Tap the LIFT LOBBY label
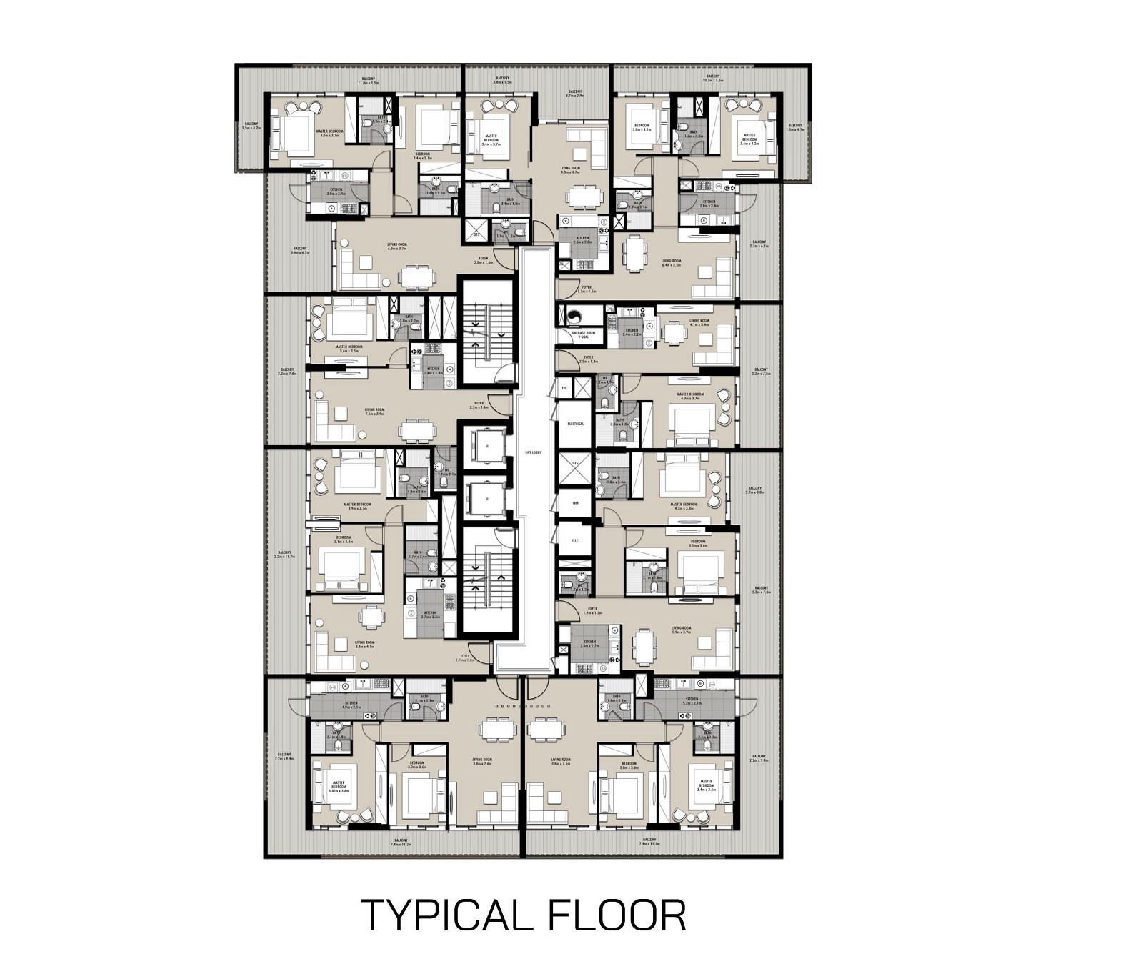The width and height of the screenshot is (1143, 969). [533, 453]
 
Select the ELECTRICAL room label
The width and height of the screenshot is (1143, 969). [575, 424]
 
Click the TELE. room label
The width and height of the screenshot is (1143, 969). [574, 540]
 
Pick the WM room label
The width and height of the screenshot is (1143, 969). [575, 502]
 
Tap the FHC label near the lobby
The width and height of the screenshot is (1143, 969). [564, 388]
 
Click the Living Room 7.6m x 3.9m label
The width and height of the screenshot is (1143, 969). [375, 412]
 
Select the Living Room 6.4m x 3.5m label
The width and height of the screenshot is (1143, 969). [671, 263]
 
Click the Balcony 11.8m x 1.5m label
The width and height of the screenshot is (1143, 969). [369, 81]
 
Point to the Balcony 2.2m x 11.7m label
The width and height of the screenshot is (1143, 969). [285, 555]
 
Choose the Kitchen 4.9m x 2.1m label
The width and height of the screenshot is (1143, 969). [351, 705]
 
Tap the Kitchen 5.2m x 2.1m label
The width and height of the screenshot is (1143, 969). [692, 701]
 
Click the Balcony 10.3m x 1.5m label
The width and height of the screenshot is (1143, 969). [713, 79]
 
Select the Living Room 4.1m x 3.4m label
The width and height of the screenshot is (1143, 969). [699, 323]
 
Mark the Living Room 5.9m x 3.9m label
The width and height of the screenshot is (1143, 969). [681, 630]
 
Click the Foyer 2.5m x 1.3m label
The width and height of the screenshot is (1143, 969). [589, 359]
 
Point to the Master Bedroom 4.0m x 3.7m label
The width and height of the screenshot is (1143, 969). [331, 134]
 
